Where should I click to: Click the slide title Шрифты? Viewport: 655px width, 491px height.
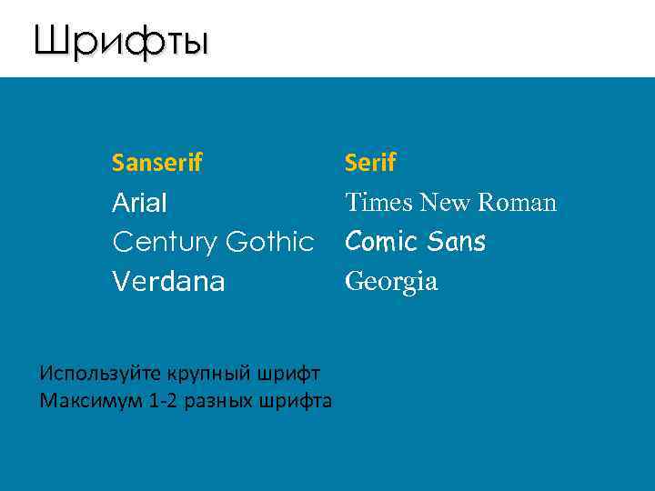pyautogui.click(x=121, y=41)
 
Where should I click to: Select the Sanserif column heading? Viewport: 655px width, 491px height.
pyautogui.click(x=156, y=163)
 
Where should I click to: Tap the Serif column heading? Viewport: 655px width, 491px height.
pyautogui.click(x=370, y=163)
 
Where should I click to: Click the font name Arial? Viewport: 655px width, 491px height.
pyautogui.click(x=139, y=203)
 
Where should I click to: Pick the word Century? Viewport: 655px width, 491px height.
pyautogui.click(x=164, y=243)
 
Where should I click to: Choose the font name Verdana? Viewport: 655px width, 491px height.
pyautogui.click(x=167, y=282)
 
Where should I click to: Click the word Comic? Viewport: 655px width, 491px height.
pyautogui.click(x=381, y=242)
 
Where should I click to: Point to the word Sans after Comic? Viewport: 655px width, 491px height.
pyautogui.click(x=455, y=242)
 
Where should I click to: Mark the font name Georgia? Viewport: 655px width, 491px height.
pyautogui.click(x=391, y=282)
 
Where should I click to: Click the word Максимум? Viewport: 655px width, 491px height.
pyautogui.click(x=89, y=400)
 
